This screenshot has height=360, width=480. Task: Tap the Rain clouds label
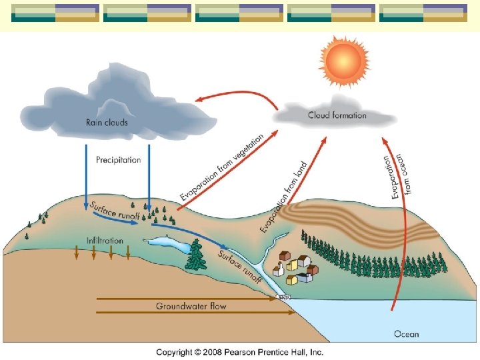(107, 122)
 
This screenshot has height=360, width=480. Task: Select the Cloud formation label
(337, 115)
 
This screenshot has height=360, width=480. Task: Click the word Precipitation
(119, 160)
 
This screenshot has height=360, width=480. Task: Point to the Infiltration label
(105, 240)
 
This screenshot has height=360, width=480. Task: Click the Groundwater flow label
(191, 307)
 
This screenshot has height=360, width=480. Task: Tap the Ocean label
(407, 333)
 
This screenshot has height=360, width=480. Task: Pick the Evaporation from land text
(284, 197)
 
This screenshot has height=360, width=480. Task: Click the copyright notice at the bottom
(239, 352)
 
